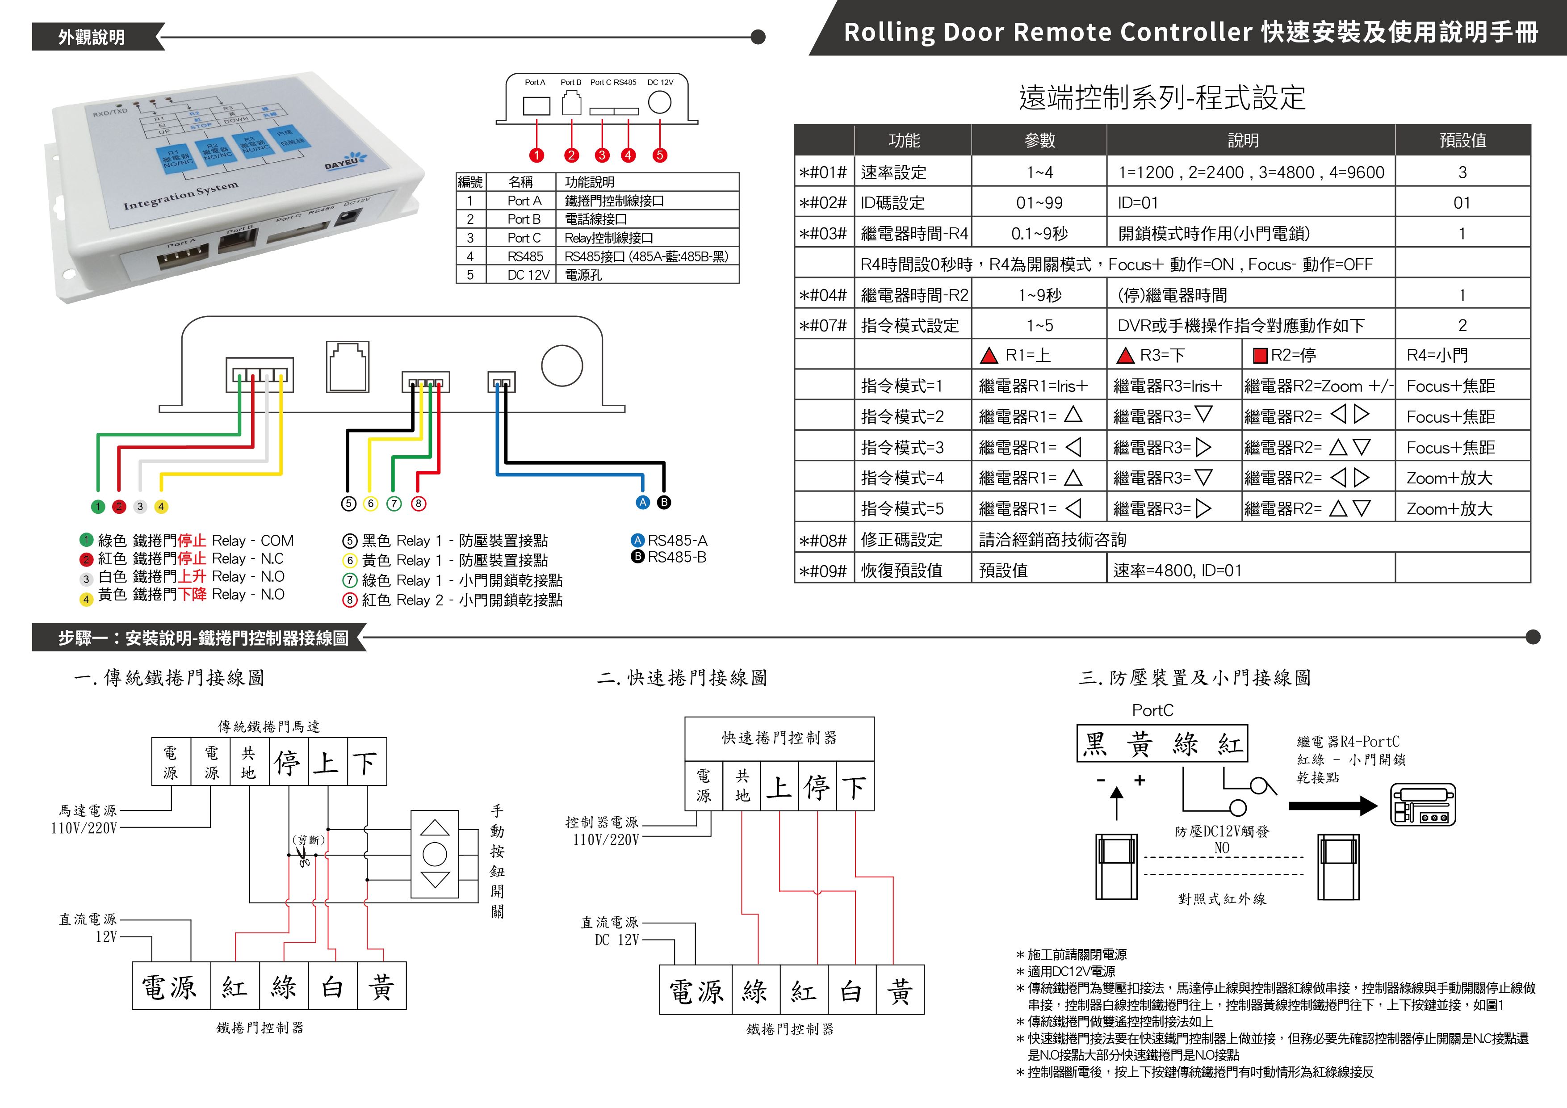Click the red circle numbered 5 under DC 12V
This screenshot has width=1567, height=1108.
(659, 155)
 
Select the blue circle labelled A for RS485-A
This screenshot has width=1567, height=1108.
(642, 503)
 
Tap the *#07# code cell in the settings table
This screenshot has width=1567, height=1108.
(823, 326)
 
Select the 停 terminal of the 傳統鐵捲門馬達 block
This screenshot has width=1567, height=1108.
(287, 762)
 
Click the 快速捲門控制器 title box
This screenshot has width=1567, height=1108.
(779, 738)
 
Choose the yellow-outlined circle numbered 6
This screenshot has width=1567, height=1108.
(371, 504)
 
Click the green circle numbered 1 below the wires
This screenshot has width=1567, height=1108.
(98, 507)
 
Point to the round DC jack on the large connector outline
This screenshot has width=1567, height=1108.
(561, 365)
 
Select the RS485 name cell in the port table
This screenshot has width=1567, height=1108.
(525, 256)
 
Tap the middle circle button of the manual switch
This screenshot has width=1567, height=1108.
(435, 853)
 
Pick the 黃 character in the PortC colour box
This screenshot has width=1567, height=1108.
(1140, 743)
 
